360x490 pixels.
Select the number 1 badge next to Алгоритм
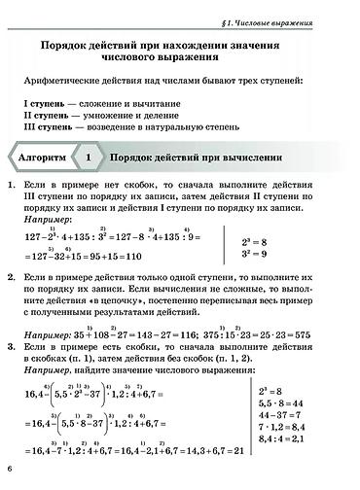coord(89,156)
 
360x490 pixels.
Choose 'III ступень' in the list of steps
coord(52,125)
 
